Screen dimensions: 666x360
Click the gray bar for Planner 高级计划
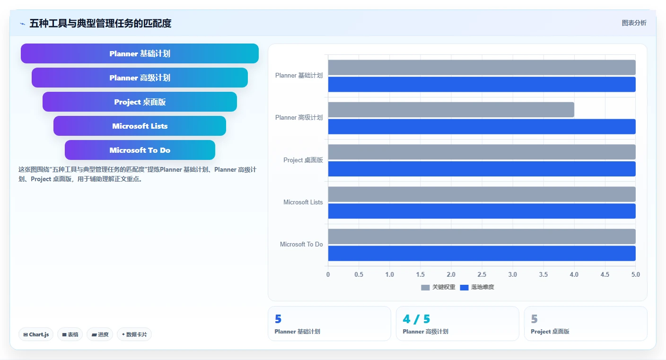point(451,110)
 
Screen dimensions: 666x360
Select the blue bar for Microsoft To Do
point(482,253)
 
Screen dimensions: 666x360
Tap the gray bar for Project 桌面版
point(482,152)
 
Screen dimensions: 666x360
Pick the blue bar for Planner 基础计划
point(482,84)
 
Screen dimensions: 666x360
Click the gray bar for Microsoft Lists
point(482,194)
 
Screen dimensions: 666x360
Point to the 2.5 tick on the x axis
point(482,274)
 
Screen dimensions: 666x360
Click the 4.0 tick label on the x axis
point(574,274)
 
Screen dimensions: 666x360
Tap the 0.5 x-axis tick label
point(359,274)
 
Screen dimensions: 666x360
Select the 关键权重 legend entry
point(438,287)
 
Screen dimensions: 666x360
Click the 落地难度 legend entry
point(477,287)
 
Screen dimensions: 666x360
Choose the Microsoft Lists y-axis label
point(303,202)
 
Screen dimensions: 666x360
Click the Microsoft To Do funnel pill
point(140,150)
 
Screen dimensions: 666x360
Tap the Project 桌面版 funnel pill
point(140,102)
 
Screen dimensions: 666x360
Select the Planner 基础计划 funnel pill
point(140,53)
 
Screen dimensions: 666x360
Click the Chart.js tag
point(36,334)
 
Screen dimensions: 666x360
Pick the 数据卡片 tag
point(134,334)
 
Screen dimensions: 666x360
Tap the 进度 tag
point(100,334)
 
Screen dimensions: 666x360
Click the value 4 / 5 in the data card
point(416,319)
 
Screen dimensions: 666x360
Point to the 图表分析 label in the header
point(634,23)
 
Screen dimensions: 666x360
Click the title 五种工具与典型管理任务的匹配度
point(100,23)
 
